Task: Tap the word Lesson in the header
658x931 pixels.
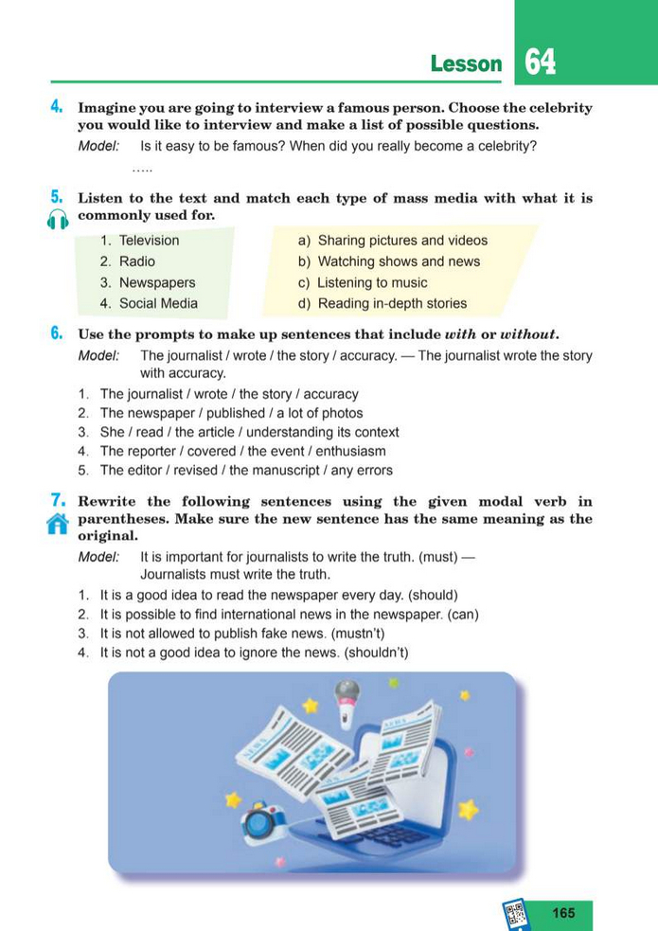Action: click(x=466, y=64)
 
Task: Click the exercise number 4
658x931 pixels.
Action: click(x=57, y=107)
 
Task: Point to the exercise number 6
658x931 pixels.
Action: click(x=57, y=333)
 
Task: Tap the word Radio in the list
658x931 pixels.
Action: click(x=137, y=261)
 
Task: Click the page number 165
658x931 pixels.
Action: click(x=563, y=913)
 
